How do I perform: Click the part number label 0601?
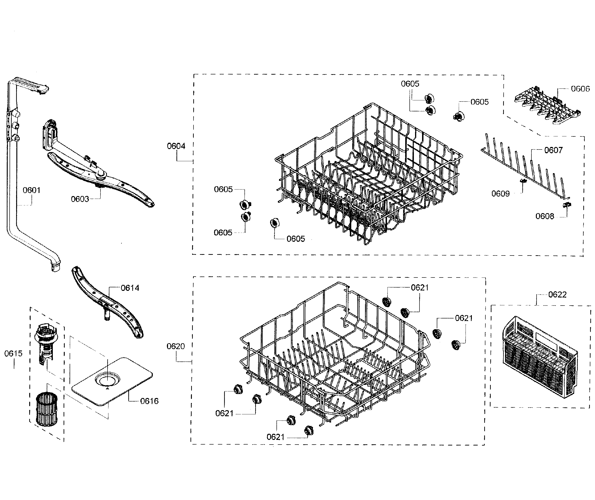(x=32, y=190)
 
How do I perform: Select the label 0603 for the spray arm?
(x=80, y=199)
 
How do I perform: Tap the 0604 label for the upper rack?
(x=176, y=146)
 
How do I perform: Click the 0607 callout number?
(x=553, y=150)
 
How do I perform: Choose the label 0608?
(x=545, y=216)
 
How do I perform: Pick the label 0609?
(x=500, y=194)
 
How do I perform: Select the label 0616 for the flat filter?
(x=149, y=401)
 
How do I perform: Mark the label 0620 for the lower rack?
(x=176, y=346)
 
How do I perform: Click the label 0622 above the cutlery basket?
(x=557, y=295)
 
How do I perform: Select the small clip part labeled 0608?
(x=567, y=205)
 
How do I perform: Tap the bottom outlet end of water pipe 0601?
(x=56, y=268)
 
